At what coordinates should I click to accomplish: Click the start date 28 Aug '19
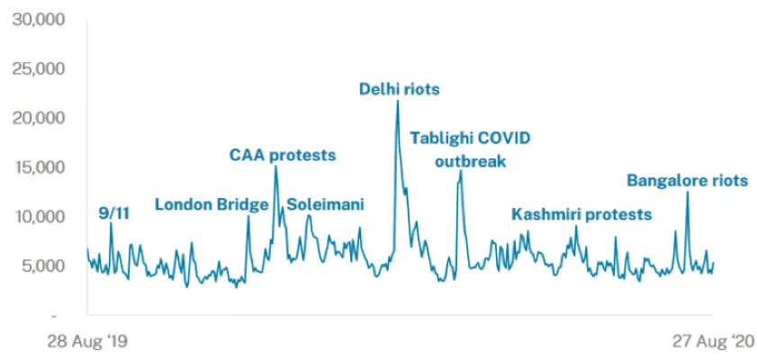(87, 342)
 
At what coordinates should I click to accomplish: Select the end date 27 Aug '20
(711, 342)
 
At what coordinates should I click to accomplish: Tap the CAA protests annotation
(283, 155)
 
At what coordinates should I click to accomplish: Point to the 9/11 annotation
(112, 212)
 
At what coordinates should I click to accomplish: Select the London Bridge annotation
(212, 204)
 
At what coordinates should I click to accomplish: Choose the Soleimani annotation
(325, 204)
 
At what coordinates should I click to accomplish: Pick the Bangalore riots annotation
(687, 181)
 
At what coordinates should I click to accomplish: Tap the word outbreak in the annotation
(471, 162)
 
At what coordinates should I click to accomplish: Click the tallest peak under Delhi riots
(397, 101)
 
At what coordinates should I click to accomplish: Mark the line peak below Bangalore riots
(688, 193)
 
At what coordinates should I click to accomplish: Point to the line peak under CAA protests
(275, 167)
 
